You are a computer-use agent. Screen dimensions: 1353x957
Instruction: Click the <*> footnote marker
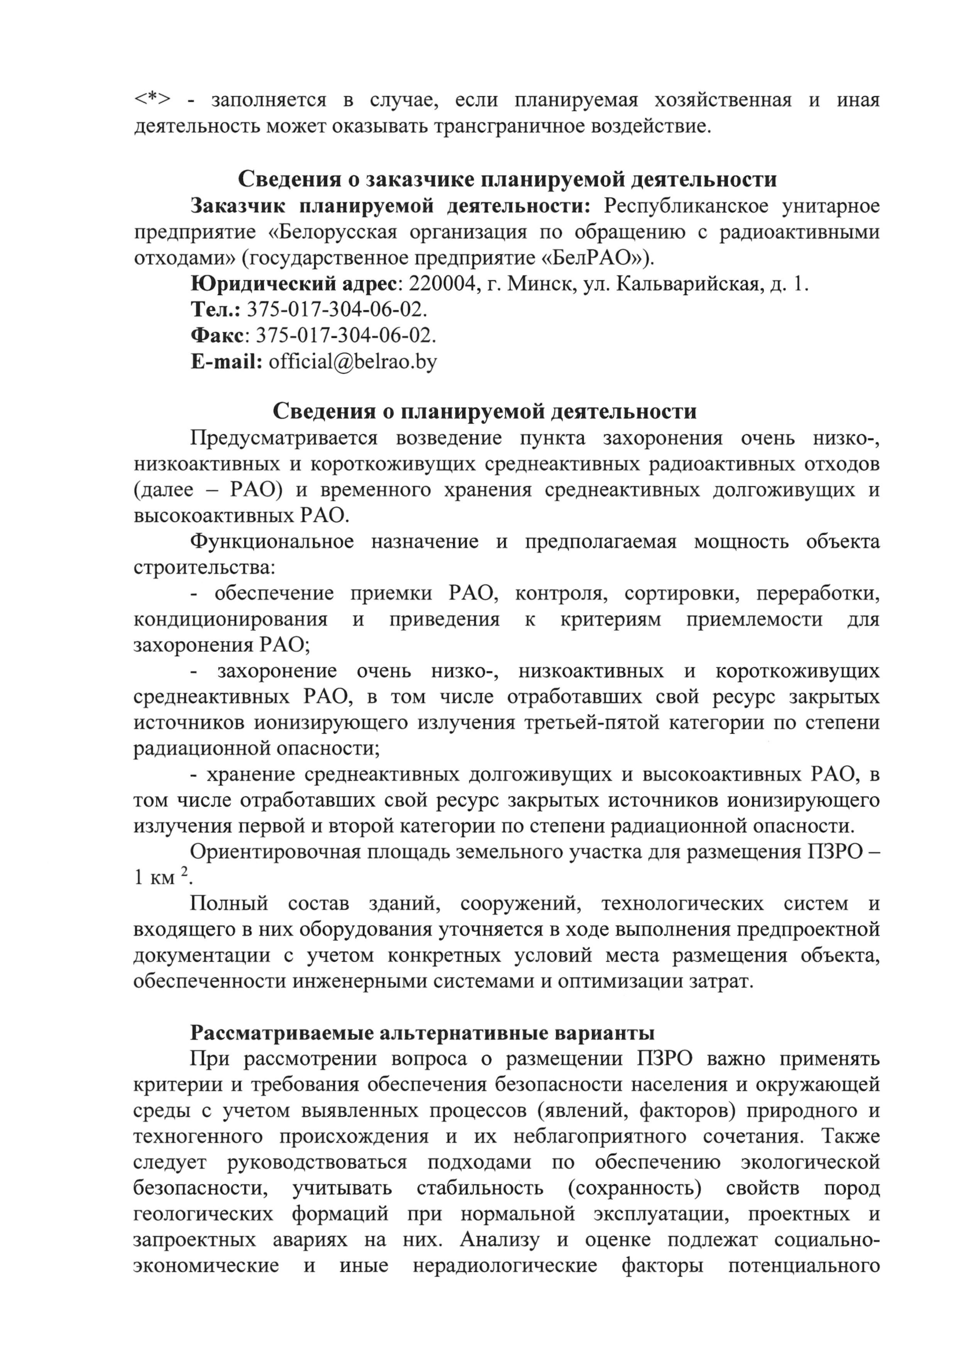pyautogui.click(x=152, y=100)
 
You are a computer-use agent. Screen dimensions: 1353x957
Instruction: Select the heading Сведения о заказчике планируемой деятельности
pyautogui.click(x=507, y=179)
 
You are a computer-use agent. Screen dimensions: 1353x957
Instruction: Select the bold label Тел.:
pyautogui.click(x=216, y=310)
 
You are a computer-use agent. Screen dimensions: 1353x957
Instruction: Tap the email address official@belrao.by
pyautogui.click(x=353, y=361)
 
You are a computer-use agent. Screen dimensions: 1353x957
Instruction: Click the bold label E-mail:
pyautogui.click(x=226, y=361)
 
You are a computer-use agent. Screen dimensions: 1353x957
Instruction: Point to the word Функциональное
pyautogui.click(x=273, y=542)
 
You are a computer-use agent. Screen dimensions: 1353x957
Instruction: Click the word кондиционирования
pyautogui.click(x=230, y=619)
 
